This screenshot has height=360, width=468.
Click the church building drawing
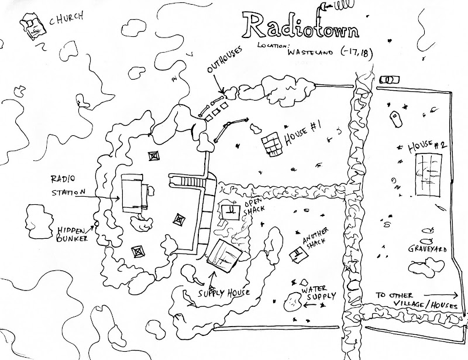[33, 27]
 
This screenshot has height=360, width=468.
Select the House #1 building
[271, 144]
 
